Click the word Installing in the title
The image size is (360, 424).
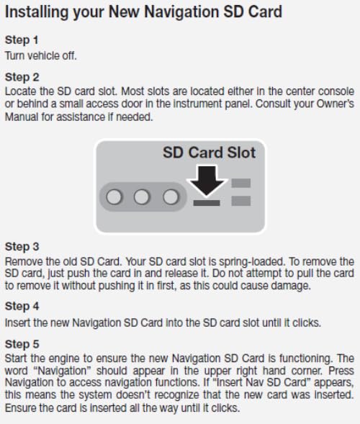point(37,13)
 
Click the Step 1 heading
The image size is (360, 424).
point(22,40)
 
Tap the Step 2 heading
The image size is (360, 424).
point(22,77)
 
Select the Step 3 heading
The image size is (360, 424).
point(22,247)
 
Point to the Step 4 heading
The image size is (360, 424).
point(22,307)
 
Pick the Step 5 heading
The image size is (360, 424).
point(22,344)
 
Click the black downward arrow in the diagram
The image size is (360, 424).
point(207,181)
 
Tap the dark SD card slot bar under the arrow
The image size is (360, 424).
point(207,203)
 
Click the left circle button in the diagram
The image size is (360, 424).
point(114,197)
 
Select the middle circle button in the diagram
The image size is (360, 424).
point(142,197)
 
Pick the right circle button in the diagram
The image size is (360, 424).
point(171,197)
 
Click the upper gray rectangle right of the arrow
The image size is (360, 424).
point(241,183)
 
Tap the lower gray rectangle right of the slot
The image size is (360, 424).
point(241,201)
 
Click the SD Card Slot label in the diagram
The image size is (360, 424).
point(209,153)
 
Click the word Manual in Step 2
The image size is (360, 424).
point(22,117)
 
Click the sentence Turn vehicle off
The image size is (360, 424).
point(41,55)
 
